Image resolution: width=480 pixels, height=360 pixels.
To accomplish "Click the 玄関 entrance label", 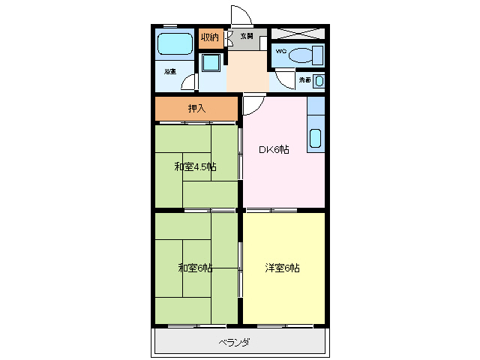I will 247,36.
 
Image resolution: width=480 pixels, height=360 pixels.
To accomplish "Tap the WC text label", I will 280,51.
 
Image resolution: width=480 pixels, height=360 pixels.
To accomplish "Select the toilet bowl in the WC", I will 304,55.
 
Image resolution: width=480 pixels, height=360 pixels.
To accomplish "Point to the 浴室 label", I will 170,72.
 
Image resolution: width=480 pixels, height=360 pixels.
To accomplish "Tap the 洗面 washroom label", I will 304,79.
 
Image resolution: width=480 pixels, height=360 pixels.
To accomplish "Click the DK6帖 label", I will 274,149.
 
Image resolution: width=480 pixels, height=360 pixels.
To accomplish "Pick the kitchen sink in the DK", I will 315,139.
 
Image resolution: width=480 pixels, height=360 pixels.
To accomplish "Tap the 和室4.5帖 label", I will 195,166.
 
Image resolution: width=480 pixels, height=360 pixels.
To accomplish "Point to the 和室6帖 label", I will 195,268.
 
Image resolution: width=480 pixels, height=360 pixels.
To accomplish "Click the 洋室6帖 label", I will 282,268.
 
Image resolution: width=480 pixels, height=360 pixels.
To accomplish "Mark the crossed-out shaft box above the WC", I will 298,34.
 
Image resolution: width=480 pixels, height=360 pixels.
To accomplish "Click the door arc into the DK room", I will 252,105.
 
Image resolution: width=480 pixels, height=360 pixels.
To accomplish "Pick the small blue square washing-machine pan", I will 211,62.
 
